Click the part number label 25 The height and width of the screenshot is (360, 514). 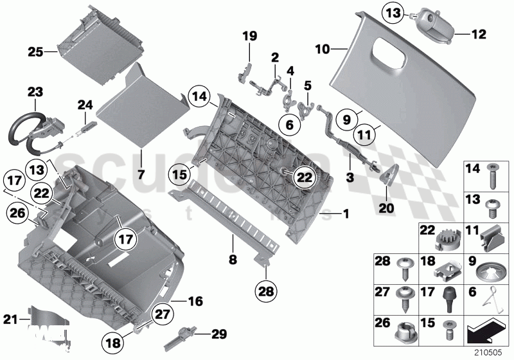[35, 50]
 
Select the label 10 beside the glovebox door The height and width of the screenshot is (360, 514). [323, 48]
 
